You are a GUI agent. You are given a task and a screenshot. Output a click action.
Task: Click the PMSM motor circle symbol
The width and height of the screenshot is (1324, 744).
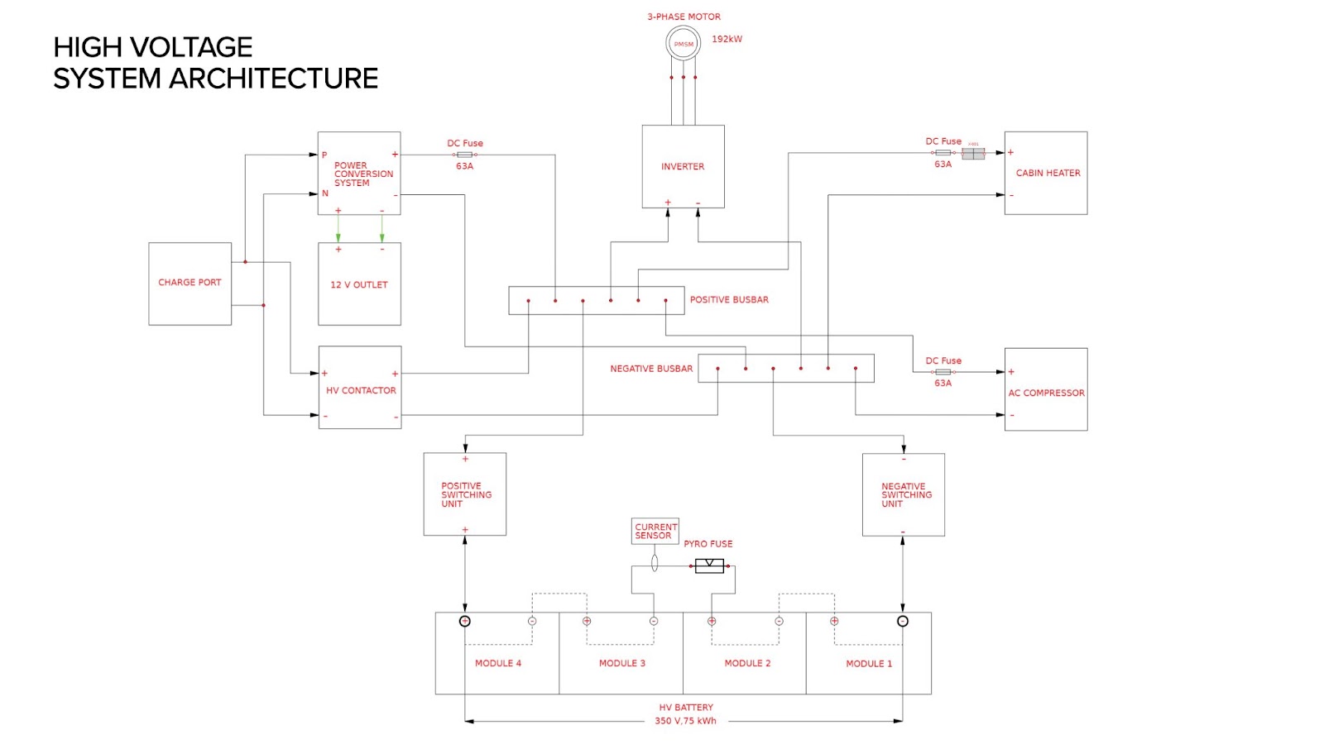point(684,44)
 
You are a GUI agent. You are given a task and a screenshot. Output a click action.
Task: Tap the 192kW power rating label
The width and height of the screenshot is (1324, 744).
point(727,39)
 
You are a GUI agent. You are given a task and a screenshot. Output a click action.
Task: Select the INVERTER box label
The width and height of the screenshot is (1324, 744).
point(683,167)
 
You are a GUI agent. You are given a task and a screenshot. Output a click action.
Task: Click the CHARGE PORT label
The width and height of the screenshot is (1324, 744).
point(189,283)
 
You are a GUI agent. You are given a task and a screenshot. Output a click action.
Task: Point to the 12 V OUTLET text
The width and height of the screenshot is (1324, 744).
point(359,285)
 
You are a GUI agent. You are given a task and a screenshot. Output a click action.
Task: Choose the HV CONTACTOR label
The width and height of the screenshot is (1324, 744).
point(361,391)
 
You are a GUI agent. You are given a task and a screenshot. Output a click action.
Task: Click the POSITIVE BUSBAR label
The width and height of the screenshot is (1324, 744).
point(729,300)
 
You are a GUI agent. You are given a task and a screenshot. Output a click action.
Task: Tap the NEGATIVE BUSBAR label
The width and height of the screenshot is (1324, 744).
point(651,369)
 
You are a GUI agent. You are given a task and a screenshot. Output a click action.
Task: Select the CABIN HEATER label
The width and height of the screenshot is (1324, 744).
point(1048,174)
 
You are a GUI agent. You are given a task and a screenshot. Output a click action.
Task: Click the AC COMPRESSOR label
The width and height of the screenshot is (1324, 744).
point(1046,393)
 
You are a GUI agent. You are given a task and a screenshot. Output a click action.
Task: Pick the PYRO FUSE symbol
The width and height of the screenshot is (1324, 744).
point(709,566)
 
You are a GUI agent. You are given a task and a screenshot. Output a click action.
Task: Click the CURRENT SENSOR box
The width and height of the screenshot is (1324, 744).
point(655,532)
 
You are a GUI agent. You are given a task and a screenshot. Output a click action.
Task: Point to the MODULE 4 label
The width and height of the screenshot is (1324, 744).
point(498,664)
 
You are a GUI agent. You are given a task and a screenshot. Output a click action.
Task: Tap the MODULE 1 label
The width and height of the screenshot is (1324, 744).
point(869,664)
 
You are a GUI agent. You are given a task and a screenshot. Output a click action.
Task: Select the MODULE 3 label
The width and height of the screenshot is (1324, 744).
point(622,664)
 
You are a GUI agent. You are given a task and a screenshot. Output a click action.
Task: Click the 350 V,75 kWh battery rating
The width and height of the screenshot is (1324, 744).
point(685,721)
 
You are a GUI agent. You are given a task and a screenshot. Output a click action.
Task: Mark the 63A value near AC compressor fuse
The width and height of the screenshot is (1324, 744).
point(943,384)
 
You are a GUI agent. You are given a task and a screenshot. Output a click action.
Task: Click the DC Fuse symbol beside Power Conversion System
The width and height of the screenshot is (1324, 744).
point(465,155)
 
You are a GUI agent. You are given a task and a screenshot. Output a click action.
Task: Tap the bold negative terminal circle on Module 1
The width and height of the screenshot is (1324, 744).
point(903,621)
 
